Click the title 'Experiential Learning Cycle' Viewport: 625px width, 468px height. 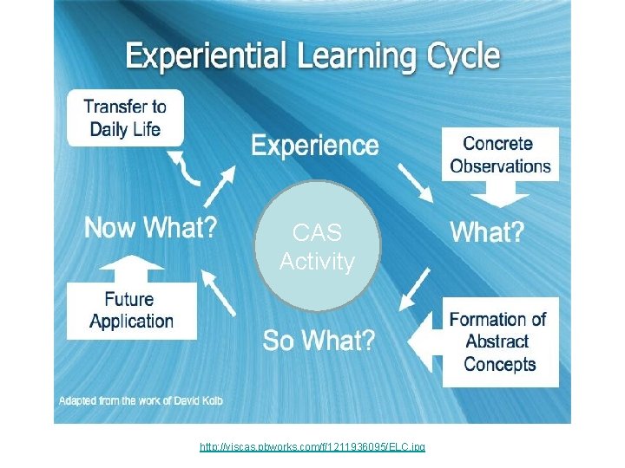pos(312,57)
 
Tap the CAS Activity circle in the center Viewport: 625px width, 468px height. pos(318,247)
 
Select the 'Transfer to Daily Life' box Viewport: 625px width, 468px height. pos(125,119)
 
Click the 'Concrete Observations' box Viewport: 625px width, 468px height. pos(500,154)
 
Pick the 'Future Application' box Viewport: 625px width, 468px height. pos(132,310)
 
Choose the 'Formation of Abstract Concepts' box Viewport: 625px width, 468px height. pos(499,341)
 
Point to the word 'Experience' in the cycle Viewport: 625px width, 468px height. pos(315,146)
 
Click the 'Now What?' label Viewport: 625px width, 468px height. pos(150,229)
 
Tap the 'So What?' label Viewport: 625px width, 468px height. pos(319,341)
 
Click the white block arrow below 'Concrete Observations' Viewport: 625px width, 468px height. pos(500,196)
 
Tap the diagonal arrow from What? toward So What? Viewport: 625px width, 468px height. pos(418,288)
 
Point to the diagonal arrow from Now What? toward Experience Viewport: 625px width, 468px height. pos(222,185)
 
